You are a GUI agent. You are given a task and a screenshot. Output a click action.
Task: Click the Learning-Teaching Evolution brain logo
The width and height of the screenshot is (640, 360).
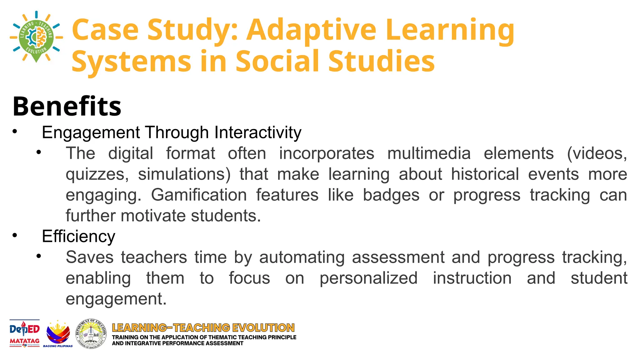(36, 37)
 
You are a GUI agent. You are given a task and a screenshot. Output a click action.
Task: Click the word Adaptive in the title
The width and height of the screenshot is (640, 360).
(311, 30)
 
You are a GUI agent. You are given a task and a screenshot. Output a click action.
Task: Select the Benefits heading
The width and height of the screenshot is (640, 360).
(67, 106)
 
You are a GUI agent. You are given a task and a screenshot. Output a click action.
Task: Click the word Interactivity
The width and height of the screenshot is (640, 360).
(258, 132)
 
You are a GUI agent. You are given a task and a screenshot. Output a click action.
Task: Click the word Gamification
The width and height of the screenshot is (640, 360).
(199, 195)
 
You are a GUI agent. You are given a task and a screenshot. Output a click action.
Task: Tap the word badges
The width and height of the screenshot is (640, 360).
(391, 195)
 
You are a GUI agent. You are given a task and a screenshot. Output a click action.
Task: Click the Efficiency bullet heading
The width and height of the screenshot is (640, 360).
(78, 236)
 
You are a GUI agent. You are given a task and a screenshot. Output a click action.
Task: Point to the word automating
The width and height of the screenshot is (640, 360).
(302, 257)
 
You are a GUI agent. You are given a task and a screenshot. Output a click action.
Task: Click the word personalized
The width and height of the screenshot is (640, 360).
(368, 278)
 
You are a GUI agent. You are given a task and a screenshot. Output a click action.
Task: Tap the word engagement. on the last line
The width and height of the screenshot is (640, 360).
(116, 299)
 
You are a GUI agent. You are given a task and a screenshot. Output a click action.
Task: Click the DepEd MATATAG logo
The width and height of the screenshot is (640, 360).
(25, 333)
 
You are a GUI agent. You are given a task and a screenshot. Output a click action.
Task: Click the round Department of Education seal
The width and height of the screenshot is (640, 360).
(91, 333)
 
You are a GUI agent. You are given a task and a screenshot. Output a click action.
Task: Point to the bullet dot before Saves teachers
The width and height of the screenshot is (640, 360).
(38, 256)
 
